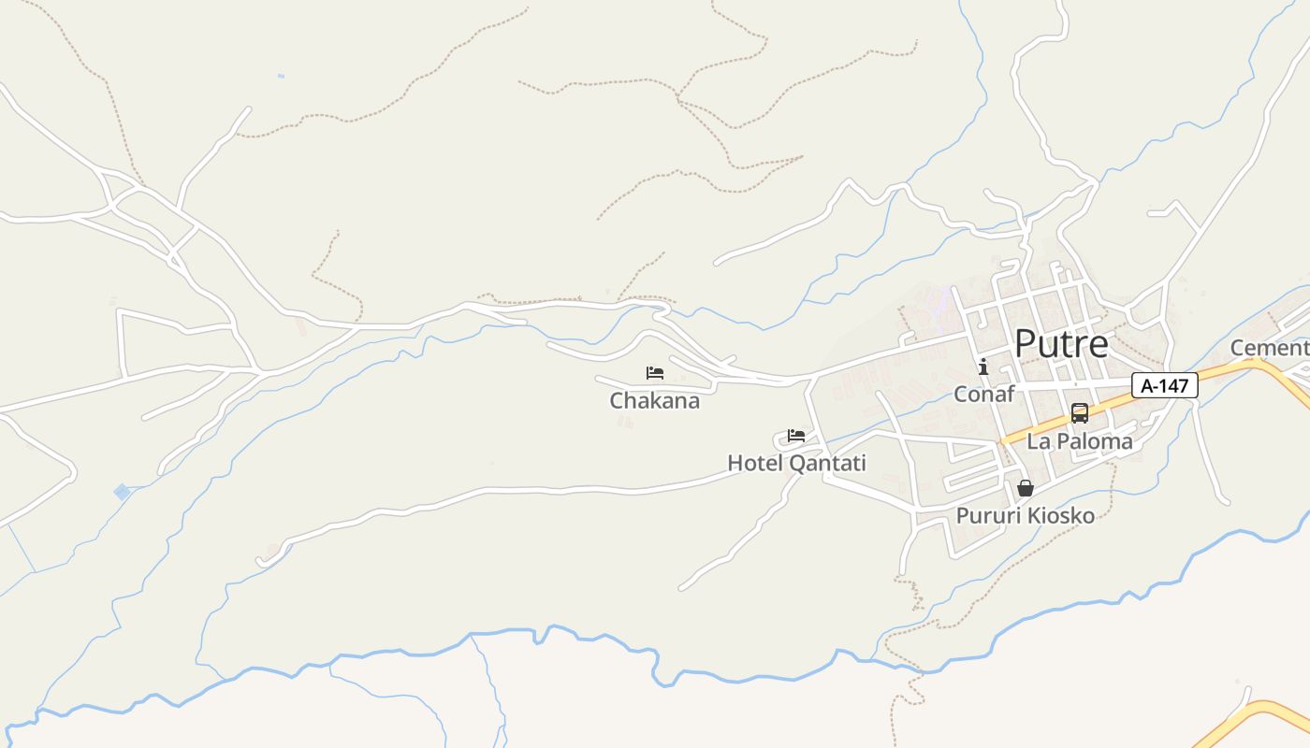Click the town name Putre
pos(1061,344)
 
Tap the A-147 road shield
pos(1164,385)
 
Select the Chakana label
pos(654,401)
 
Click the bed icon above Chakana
pos(655,373)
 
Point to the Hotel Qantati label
pos(796,463)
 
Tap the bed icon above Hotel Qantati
pos(796,436)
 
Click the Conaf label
pos(983,394)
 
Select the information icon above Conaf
pos(982,367)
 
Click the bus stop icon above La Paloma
pos(1080,413)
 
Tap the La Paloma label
pos(1080,441)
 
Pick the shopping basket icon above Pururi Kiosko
pos(1026,488)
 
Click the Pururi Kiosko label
pos(1025,515)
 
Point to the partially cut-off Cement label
pos(1269,348)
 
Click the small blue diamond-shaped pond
pos(122,492)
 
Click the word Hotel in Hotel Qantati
pos(755,463)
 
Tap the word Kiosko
pos(1061,515)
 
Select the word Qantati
pos(827,463)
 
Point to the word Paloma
pos(1093,441)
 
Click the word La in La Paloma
pos(1038,441)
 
